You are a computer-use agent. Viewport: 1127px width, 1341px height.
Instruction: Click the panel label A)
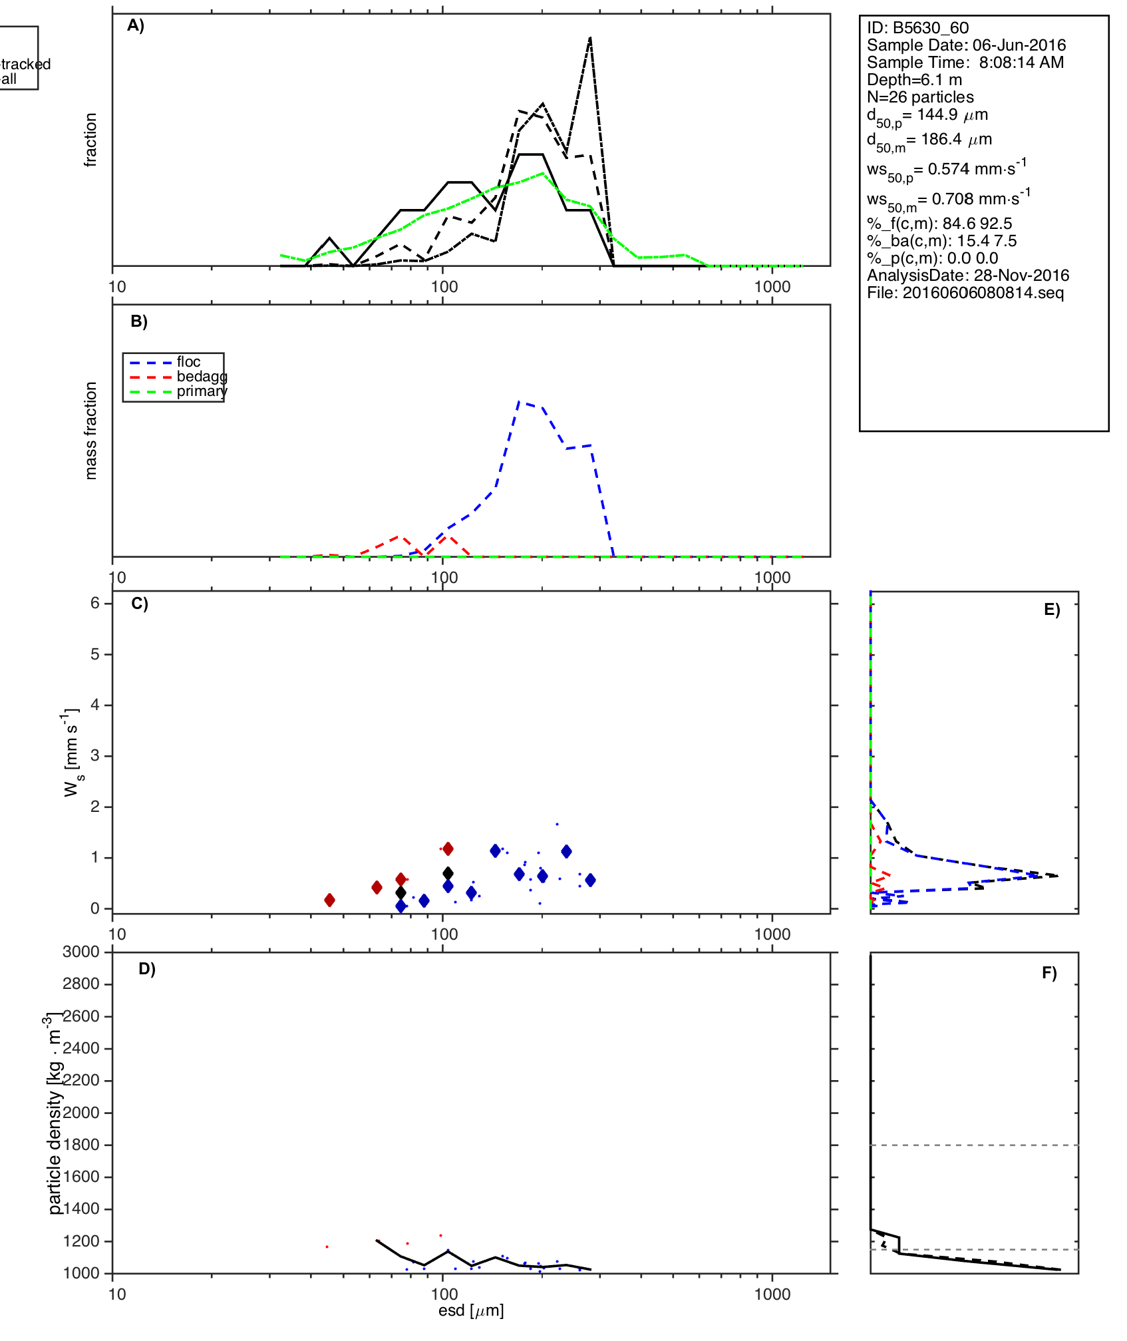click(136, 26)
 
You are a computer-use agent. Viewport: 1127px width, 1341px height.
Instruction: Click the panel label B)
click(139, 321)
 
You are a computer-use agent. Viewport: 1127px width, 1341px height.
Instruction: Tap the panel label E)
click(1052, 610)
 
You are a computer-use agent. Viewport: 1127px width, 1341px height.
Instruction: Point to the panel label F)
click(1049, 973)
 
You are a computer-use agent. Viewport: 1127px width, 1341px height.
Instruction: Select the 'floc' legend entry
click(188, 362)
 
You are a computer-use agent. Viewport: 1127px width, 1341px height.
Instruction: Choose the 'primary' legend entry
click(202, 391)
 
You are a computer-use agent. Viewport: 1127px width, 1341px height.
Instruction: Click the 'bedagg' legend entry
click(202, 377)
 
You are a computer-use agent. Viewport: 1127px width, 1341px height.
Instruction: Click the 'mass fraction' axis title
click(91, 431)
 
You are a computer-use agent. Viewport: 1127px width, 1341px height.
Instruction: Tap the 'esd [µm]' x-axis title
click(471, 1310)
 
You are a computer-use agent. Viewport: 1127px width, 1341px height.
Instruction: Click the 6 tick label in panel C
click(95, 603)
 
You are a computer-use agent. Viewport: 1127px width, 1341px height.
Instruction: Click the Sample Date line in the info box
click(966, 45)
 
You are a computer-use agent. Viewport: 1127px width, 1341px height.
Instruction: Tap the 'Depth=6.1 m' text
click(914, 80)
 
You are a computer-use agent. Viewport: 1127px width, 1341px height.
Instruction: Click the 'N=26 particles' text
click(920, 97)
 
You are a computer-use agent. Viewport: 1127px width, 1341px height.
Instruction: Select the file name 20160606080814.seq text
click(965, 293)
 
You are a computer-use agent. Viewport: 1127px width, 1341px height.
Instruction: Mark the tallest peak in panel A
click(590, 38)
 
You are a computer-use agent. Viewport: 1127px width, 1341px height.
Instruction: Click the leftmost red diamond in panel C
click(329, 900)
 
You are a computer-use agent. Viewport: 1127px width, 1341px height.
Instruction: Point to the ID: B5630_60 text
click(917, 28)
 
